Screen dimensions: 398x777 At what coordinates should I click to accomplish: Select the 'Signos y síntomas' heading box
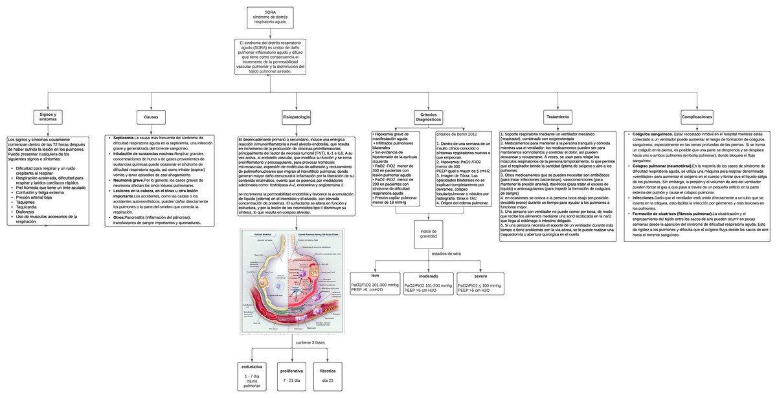click(x=48, y=116)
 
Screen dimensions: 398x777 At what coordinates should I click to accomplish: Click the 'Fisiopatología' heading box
click(x=296, y=116)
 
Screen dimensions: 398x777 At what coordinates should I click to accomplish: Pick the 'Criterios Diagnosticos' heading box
click(x=428, y=117)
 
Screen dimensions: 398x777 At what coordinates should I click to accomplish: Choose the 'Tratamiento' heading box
click(x=557, y=116)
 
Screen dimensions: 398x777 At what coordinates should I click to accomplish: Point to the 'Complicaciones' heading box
click(x=697, y=116)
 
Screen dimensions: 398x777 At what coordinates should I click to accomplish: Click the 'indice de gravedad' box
click(x=428, y=234)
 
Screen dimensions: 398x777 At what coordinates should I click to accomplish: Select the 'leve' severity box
click(x=375, y=284)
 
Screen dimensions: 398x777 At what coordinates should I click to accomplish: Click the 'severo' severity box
click(x=480, y=284)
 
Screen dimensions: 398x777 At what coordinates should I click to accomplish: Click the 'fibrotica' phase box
click(x=328, y=375)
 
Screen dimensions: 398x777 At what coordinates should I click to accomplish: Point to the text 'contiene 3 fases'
click(x=309, y=342)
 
